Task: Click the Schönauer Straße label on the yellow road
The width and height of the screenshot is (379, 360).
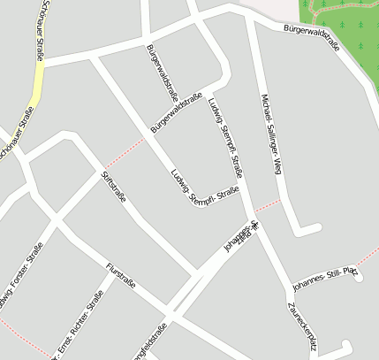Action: pos(42,31)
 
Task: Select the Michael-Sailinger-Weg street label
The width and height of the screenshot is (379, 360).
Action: pos(271,133)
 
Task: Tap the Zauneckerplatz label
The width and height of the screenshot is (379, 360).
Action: pos(301,326)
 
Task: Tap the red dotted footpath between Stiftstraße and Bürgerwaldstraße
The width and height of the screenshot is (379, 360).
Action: pos(124,154)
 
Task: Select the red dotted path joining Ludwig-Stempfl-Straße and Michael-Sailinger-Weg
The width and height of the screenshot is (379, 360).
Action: pos(267,206)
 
